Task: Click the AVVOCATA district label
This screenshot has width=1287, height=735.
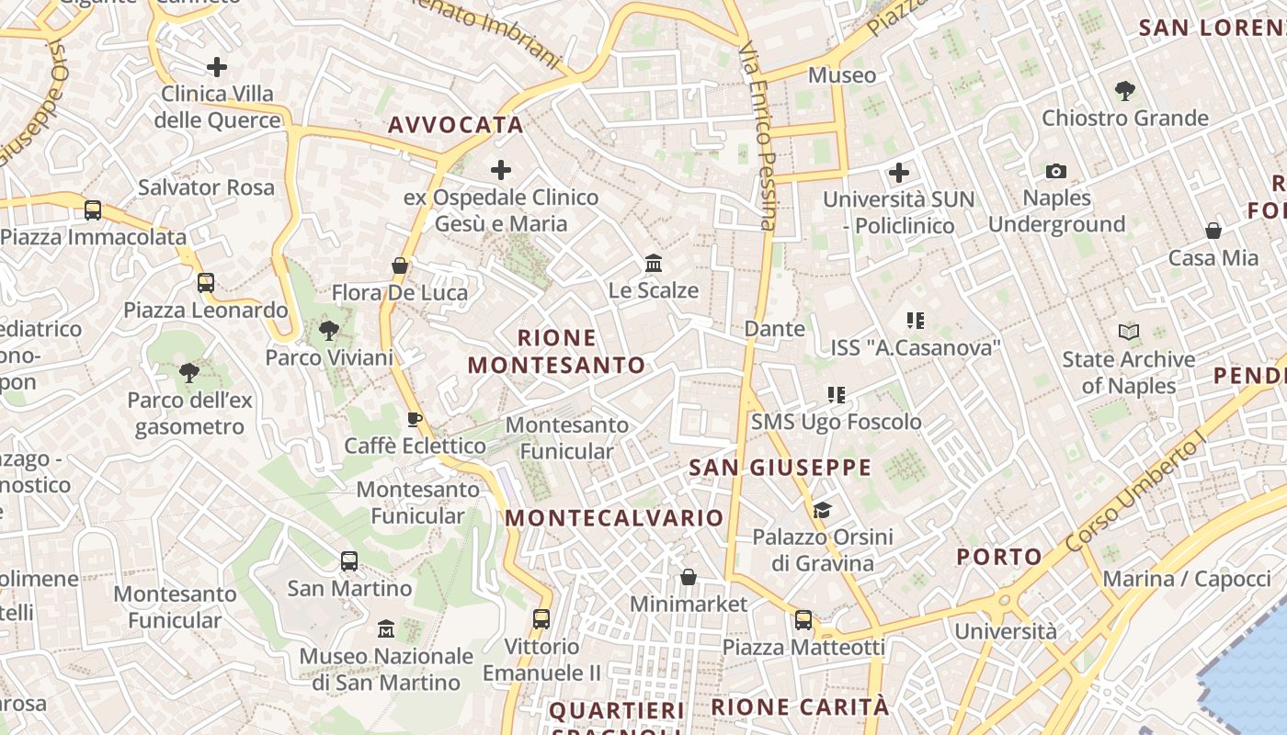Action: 456,125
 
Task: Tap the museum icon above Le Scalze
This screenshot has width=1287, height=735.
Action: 654,264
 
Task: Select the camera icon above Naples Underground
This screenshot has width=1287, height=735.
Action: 1056,171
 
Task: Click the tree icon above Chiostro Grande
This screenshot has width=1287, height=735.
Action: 1124,90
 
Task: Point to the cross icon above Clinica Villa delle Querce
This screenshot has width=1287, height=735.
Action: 217,66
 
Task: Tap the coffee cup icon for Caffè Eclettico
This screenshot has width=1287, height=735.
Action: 415,420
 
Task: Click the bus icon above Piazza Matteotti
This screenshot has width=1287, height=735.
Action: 803,620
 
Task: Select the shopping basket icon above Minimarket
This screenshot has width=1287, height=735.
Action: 688,577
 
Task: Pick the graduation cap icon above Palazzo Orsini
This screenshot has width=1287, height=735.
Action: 822,510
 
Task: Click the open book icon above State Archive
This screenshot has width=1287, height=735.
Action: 1129,332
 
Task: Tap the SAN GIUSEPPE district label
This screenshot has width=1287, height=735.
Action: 780,468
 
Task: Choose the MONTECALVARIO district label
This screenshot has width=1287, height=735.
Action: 614,518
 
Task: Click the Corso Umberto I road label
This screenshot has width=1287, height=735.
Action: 1135,493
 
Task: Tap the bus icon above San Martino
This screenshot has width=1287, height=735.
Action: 349,560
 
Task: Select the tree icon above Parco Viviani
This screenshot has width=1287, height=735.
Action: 328,331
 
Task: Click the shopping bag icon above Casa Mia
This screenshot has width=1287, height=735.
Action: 1213,231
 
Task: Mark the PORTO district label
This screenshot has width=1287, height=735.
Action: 999,557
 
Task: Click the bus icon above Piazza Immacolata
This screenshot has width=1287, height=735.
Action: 93,209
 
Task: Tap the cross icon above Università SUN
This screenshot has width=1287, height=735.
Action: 899,172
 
